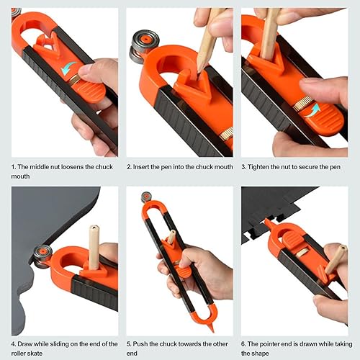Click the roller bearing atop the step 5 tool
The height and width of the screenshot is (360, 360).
(x=146, y=197)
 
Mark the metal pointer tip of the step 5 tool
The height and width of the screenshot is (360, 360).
(x=212, y=326)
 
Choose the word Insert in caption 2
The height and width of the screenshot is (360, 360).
(x=150, y=167)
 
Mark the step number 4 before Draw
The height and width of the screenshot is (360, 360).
(x=14, y=343)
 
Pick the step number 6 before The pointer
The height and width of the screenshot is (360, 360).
(x=243, y=343)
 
